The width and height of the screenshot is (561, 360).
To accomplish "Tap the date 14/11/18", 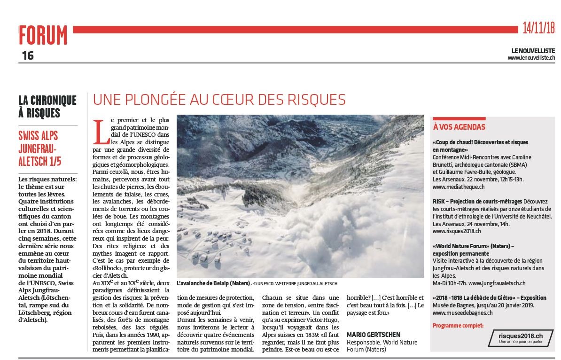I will [538, 28].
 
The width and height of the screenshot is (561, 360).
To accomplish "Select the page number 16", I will [28, 55].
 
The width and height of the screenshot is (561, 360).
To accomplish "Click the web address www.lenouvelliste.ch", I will [531, 58].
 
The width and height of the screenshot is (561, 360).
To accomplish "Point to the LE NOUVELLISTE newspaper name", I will [533, 51].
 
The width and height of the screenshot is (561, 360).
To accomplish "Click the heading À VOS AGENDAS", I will [459, 127].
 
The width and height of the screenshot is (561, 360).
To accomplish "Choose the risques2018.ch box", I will [520, 337].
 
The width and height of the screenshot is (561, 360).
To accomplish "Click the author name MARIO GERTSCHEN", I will [374, 334].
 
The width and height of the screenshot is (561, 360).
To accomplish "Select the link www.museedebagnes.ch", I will [462, 312].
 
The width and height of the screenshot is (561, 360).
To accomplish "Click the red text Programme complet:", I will [457, 325].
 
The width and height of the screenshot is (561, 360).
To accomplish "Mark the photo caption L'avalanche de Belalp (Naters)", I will [213, 284].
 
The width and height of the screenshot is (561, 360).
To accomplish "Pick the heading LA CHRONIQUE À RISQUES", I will [47, 106].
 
